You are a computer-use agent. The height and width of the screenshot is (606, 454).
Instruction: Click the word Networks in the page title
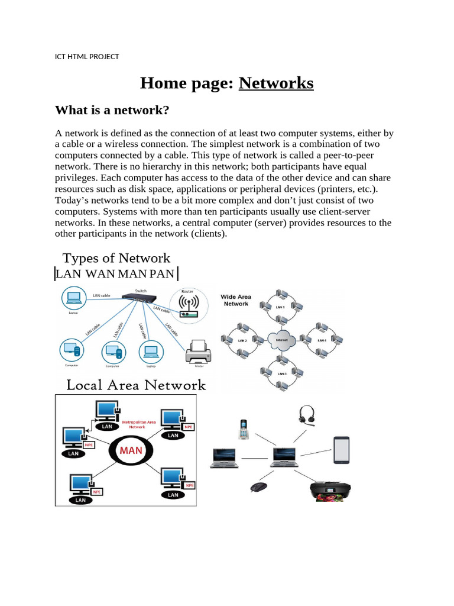(x=276, y=83)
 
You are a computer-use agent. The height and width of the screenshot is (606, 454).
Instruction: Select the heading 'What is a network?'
(x=112, y=111)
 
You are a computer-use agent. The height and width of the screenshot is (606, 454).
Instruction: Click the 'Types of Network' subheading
(x=116, y=258)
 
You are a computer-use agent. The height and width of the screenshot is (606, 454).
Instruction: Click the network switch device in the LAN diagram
(x=141, y=299)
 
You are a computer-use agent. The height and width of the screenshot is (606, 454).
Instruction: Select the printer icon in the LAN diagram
(x=198, y=354)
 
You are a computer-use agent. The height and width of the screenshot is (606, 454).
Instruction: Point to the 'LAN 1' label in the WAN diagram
(x=280, y=307)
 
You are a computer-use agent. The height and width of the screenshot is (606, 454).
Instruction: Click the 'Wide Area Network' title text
(x=236, y=301)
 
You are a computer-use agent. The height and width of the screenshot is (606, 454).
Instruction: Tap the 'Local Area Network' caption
(x=136, y=385)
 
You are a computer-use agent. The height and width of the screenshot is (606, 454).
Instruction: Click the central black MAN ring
(x=131, y=450)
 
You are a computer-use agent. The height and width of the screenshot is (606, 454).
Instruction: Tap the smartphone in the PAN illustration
(x=342, y=450)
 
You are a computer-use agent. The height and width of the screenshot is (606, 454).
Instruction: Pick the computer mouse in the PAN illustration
(x=258, y=487)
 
